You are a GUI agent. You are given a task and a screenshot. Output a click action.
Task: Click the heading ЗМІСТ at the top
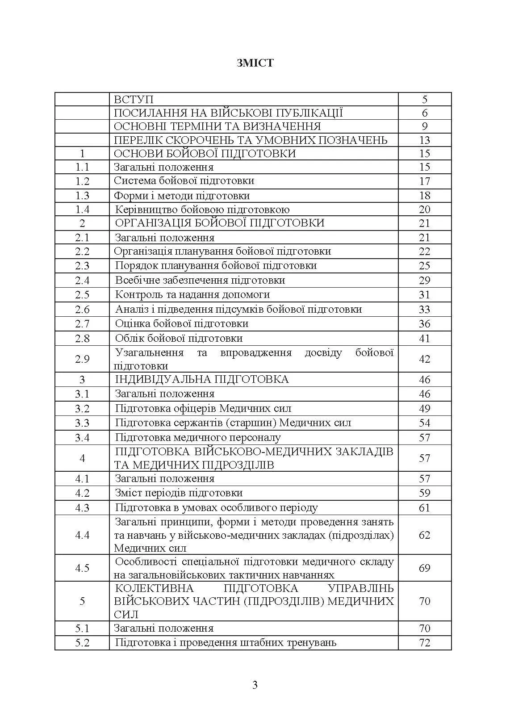255,63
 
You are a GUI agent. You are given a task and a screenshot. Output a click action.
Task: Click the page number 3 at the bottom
255,685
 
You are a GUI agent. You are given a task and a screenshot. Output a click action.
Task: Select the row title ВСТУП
134,99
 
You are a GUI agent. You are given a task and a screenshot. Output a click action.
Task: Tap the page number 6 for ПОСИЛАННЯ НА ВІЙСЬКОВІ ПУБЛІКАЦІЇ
424,113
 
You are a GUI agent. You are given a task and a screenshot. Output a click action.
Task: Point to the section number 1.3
82,196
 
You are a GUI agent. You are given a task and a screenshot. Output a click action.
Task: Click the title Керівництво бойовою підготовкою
202,210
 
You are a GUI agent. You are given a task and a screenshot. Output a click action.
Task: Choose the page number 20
424,210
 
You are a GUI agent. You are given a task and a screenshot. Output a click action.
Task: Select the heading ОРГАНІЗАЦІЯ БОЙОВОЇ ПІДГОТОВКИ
220,223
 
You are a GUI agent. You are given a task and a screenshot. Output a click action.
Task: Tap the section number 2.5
82,295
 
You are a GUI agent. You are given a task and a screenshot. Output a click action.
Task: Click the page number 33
424,309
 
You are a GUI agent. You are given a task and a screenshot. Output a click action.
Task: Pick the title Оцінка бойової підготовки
182,323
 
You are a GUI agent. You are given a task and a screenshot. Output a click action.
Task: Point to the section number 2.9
82,359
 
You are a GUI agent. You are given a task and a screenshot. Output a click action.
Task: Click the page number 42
424,359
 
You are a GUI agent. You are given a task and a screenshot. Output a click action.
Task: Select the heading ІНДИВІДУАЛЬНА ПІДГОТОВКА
202,379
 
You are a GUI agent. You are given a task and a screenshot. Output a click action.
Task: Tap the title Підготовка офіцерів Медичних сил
203,408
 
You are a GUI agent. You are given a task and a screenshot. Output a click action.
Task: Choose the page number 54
424,423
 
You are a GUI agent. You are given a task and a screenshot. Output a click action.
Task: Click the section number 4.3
82,508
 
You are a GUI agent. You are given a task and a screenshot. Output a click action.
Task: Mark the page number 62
424,535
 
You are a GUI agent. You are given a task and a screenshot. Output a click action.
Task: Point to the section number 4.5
82,568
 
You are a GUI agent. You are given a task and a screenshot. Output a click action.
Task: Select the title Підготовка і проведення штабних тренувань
226,643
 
